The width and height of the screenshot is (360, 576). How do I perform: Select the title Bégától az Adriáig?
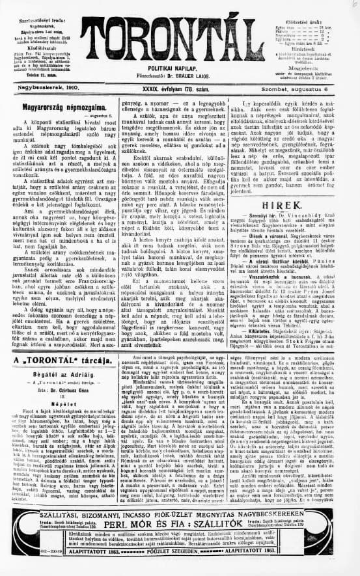coord(59,374)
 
